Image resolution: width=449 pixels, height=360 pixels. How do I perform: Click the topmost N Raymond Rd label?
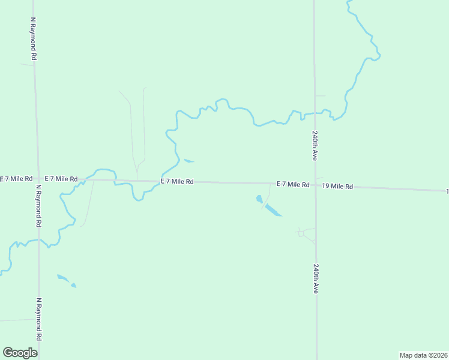34,38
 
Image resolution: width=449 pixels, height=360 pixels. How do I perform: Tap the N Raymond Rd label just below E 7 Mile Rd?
38,205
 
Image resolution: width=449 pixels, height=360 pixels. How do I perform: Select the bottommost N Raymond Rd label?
39,318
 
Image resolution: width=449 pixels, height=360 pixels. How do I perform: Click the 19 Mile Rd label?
337,187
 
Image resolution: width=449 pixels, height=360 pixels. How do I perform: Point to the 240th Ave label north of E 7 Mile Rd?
314,146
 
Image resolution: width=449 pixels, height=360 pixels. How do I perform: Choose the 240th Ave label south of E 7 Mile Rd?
315,278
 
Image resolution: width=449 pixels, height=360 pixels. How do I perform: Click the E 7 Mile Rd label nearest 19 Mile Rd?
293,184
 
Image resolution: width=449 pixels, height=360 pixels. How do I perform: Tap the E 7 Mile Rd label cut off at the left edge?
16,179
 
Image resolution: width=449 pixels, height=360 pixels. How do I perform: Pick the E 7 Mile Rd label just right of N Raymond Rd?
61,179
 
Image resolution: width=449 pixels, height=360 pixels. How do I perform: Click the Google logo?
20,352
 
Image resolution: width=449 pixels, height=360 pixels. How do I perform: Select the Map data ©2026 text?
423,355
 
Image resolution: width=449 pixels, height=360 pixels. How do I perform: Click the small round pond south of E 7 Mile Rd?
259,199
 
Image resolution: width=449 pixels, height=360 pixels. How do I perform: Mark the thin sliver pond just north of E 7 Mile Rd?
188,161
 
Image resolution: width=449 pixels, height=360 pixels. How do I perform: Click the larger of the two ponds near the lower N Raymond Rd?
63,278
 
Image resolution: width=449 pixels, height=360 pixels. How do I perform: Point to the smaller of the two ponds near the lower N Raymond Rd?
74,286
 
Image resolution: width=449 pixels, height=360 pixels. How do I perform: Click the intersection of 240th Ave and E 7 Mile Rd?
315,185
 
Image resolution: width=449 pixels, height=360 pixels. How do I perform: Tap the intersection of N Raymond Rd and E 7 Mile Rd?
37,178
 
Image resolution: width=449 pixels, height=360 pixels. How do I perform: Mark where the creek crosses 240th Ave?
314,113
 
